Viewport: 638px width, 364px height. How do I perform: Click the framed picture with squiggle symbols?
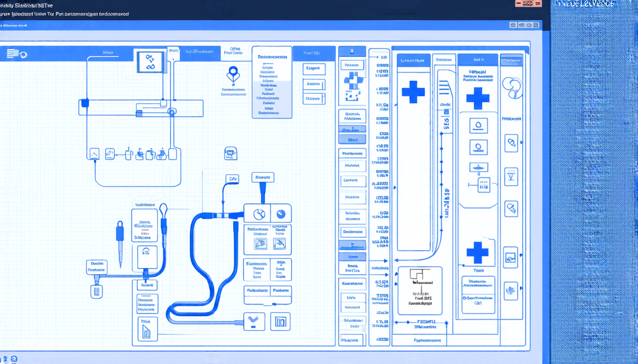150,62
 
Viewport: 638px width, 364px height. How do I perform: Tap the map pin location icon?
233,74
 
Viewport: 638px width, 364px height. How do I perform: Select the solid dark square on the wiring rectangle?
85,103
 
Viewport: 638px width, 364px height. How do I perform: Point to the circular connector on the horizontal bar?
172,112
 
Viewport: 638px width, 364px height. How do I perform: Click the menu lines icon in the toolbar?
12,54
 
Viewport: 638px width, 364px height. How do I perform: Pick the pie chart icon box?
258,214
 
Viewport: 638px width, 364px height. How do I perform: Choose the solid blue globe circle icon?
281,214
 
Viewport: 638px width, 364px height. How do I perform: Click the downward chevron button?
253,321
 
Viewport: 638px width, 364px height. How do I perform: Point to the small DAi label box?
232,179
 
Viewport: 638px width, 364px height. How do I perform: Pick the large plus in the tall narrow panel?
413,92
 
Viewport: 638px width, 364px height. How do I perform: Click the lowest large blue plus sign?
478,253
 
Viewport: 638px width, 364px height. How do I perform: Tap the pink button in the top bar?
528,3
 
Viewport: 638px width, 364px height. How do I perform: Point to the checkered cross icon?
352,84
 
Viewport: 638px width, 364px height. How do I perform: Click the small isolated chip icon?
230,153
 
